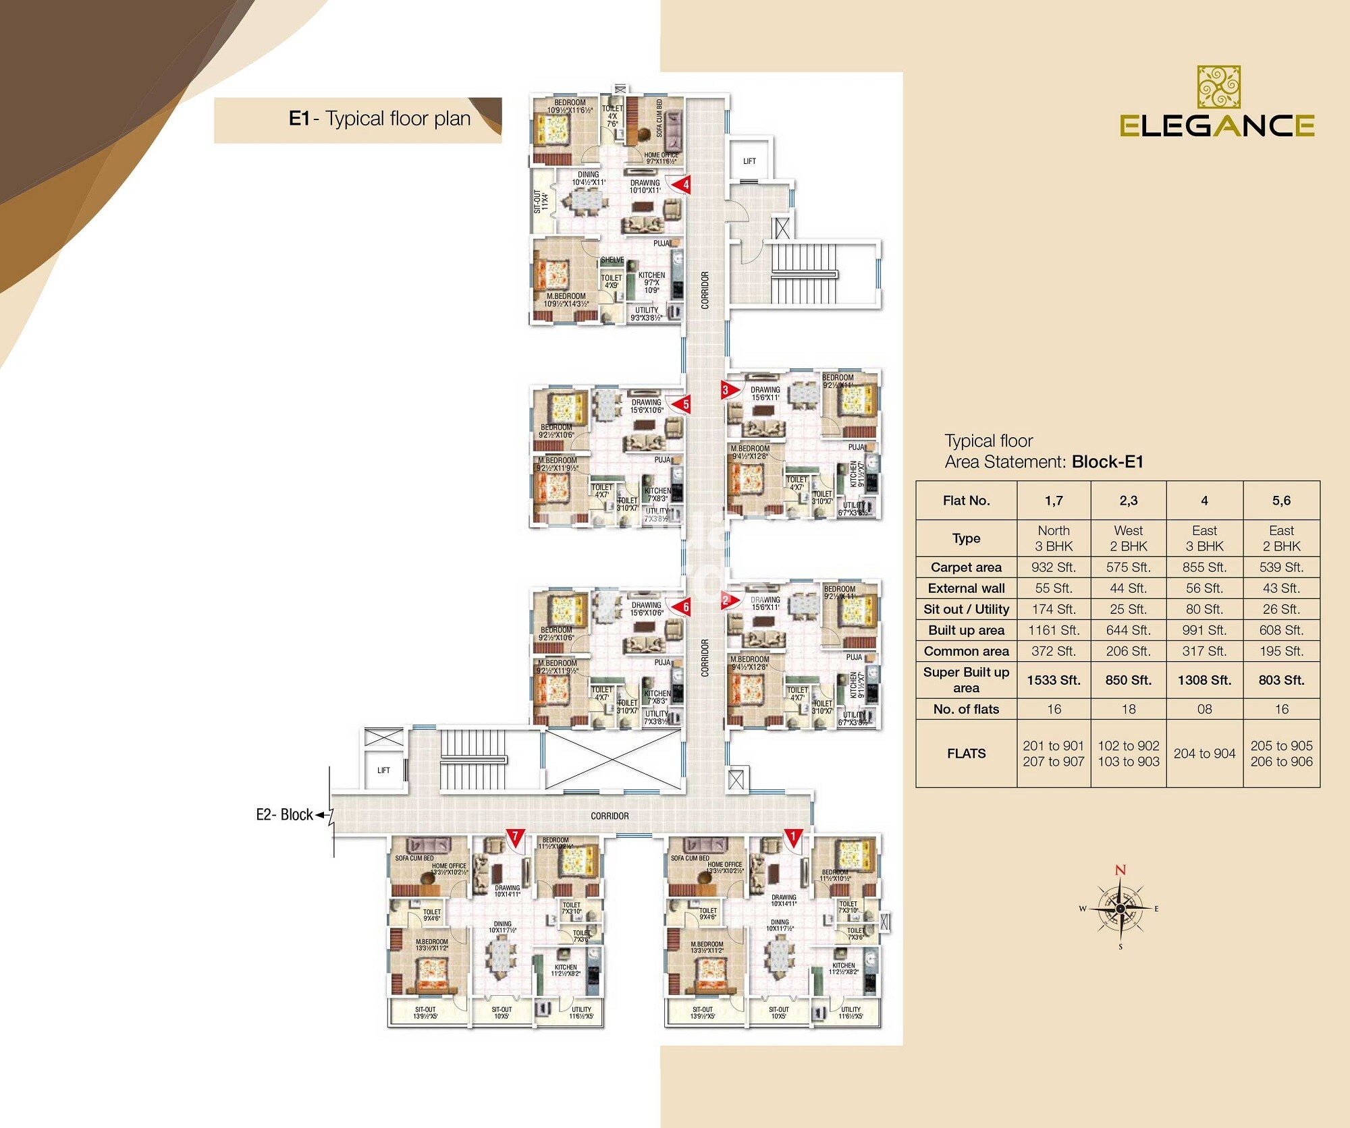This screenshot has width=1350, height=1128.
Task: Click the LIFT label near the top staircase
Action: pyautogui.click(x=749, y=161)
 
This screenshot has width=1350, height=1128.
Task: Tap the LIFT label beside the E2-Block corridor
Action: pyautogui.click(x=383, y=770)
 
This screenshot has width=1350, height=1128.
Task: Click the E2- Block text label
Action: pyautogui.click(x=284, y=815)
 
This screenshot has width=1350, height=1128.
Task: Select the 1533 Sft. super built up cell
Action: pyautogui.click(x=1053, y=680)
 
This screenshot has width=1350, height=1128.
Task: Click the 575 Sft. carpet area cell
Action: pyautogui.click(x=1128, y=567)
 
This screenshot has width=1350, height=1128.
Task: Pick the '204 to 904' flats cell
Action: pyautogui.click(x=1204, y=754)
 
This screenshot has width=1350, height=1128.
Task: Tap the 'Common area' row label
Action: pyautogui.click(x=966, y=651)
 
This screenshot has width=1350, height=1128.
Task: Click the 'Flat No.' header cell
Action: pyautogui.click(x=966, y=501)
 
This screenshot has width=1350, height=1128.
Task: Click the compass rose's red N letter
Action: pyautogui.click(x=1120, y=870)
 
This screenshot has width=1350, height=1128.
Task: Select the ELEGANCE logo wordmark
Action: pyautogui.click(x=1216, y=125)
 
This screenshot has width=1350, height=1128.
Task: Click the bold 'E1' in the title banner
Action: pyautogui.click(x=299, y=119)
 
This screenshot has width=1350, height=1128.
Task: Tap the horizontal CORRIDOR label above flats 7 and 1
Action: pyautogui.click(x=610, y=816)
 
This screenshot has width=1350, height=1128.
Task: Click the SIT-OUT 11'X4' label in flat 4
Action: pyautogui.click(x=541, y=201)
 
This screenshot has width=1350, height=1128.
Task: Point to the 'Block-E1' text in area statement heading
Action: pyautogui.click(x=1107, y=462)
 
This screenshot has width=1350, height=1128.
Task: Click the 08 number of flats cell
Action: pyautogui.click(x=1204, y=709)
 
